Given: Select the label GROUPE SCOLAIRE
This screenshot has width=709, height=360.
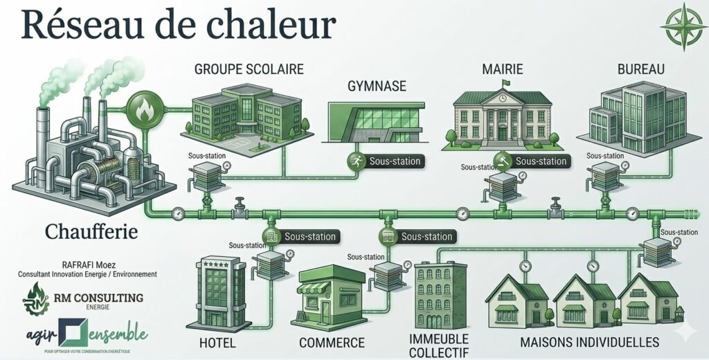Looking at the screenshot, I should [x=249, y=69].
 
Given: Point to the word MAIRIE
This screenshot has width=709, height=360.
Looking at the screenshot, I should [x=502, y=69].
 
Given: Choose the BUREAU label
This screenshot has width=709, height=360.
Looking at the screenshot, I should [x=640, y=69].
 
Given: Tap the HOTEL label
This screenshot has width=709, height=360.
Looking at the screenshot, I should [x=217, y=343].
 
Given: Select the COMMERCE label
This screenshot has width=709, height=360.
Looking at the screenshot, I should [x=332, y=343].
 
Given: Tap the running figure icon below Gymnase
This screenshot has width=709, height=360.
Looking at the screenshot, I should [x=354, y=161].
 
